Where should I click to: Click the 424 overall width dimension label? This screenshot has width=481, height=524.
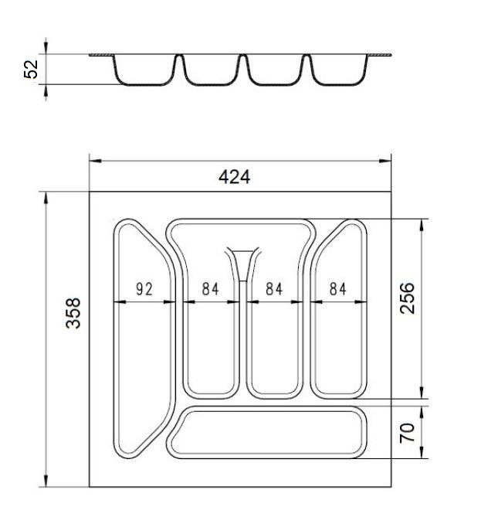235,177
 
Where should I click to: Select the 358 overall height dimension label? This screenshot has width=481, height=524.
73,313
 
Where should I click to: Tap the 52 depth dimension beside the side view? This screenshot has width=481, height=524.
31,70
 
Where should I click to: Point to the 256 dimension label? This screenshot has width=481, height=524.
407,298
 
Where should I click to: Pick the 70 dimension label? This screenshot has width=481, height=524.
407,433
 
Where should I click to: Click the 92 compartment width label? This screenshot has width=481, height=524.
144,289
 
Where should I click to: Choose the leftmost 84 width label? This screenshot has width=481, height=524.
210,289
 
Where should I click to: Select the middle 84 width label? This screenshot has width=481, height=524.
274,289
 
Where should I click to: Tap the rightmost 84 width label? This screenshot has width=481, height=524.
338,289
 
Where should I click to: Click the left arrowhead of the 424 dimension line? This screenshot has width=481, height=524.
96,161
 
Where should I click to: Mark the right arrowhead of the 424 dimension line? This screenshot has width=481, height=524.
384,161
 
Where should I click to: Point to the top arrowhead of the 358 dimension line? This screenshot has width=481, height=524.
46,198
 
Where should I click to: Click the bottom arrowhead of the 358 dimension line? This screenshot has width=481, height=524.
46,481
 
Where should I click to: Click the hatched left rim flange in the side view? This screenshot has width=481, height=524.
101,55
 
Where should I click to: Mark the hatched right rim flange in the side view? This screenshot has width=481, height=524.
379,55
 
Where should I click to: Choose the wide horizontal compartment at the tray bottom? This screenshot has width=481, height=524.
266,432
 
